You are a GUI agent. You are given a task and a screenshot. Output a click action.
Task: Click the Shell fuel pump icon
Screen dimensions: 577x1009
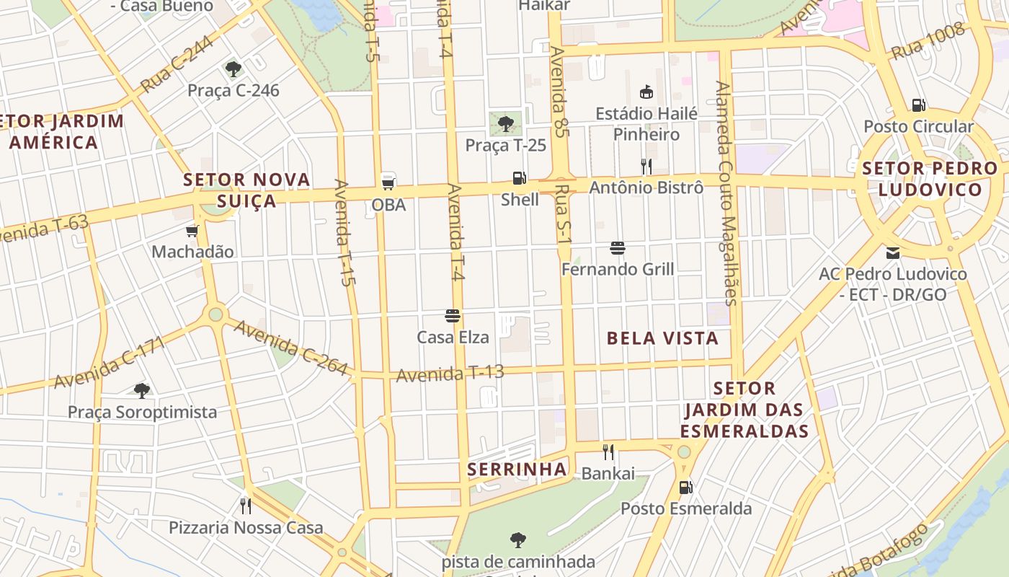tap(518, 178)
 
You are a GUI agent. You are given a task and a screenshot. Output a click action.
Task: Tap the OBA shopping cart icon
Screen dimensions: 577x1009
tap(388, 182)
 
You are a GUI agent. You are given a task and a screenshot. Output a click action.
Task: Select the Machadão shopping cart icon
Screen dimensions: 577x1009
tap(192, 231)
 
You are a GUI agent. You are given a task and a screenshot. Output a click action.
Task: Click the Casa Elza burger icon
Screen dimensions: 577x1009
tap(453, 315)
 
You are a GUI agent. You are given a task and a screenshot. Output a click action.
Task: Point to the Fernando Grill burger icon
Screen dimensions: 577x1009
tap(617, 248)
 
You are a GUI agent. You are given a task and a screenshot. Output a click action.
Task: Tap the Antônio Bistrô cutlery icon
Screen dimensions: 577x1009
tap(646, 167)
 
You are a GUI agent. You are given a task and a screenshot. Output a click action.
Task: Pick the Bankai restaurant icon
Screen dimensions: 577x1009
tap(608, 452)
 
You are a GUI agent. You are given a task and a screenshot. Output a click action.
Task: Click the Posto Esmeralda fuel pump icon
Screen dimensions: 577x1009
tap(685, 488)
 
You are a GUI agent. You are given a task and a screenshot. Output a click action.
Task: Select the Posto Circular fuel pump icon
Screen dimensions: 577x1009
tap(918, 105)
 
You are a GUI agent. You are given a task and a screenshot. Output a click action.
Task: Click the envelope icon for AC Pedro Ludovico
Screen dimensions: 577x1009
tap(893, 253)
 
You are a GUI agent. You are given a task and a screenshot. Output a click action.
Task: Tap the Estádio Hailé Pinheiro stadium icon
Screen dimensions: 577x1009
tap(646, 92)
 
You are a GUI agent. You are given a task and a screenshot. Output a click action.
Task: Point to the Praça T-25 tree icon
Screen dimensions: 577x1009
tap(506, 123)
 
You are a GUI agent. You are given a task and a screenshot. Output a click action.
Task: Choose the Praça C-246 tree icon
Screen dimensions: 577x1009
tap(233, 69)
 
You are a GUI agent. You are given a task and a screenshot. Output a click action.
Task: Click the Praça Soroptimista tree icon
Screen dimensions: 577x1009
tap(142, 391)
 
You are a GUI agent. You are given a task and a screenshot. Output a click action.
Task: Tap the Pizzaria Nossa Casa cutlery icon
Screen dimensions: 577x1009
tap(246, 506)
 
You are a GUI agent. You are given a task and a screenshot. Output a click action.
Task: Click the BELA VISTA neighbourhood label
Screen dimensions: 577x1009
tap(662, 338)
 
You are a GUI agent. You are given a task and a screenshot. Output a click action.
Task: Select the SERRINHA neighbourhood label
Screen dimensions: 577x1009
tap(517, 470)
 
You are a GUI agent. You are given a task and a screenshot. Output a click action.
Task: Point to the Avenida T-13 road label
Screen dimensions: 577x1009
tap(450, 374)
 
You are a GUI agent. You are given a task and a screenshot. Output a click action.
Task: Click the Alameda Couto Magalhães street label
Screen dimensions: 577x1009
tap(727, 193)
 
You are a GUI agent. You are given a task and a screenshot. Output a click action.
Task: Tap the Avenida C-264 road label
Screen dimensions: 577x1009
tap(291, 348)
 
